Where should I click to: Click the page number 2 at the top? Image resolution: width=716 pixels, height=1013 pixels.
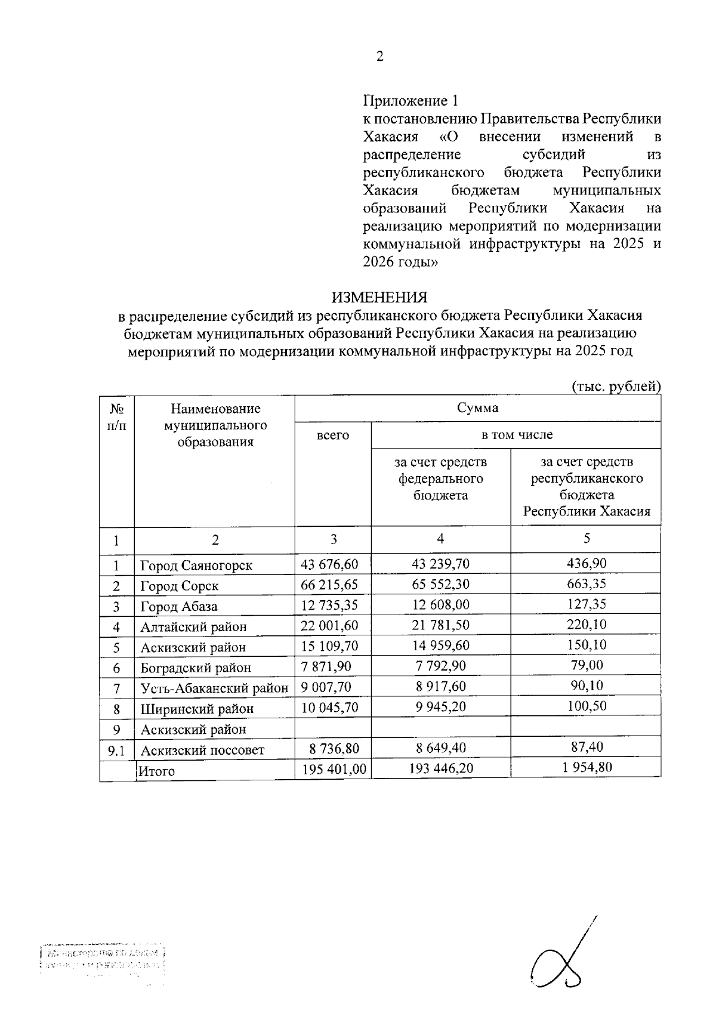tap(379, 57)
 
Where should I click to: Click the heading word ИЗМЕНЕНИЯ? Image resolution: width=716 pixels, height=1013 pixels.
tap(379, 297)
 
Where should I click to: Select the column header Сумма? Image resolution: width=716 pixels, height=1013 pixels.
tap(477, 409)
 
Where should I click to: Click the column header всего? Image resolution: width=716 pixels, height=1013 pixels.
tap(333, 436)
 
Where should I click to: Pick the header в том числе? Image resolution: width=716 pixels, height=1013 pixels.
tap(517, 435)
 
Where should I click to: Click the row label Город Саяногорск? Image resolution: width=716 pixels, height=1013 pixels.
tap(196, 565)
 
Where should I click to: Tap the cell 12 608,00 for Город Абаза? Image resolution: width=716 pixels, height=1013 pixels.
tap(441, 605)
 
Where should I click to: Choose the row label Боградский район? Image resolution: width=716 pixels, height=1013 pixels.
tap(196, 668)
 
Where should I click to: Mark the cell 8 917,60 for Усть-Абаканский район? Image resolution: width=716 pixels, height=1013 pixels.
tap(441, 686)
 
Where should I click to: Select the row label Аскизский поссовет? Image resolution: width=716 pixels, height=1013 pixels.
tap(202, 750)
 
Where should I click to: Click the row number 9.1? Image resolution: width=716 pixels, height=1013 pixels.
tap(116, 751)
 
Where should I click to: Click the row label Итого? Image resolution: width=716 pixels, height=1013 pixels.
tap(157, 771)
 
